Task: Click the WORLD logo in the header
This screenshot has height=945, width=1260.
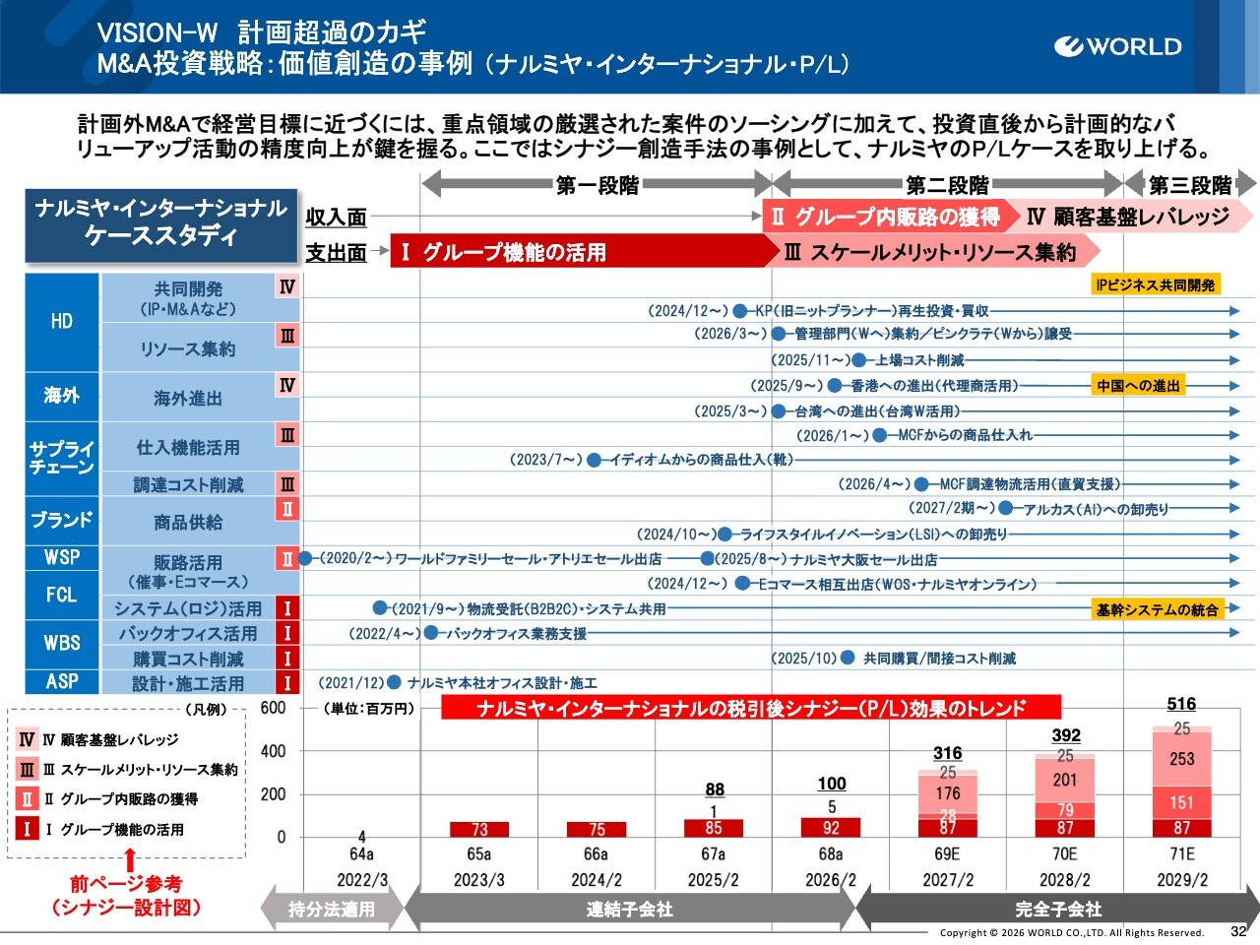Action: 1117,46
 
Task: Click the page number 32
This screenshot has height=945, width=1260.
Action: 1238,930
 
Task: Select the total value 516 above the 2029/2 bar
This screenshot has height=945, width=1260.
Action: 1181,704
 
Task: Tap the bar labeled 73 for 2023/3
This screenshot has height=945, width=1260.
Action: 479,829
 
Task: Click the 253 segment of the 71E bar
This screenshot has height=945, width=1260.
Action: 1181,759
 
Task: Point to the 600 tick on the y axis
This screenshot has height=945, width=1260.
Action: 273,708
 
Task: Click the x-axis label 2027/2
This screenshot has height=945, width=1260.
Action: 948,880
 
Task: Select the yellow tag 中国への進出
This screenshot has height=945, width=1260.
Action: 1138,385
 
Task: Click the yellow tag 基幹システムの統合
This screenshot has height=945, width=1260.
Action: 1157,609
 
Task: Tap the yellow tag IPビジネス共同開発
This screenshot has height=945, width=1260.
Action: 1155,284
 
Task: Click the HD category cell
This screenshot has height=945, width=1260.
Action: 62,321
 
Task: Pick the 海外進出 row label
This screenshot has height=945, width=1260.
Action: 188,398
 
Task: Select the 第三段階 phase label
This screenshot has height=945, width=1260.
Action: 1190,185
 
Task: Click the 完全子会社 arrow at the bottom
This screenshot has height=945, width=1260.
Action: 1058,909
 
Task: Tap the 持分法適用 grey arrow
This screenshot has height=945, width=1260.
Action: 332,909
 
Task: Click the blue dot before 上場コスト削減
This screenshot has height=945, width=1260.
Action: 858,360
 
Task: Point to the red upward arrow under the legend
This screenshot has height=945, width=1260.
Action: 128,861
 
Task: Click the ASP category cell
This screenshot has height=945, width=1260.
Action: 62,681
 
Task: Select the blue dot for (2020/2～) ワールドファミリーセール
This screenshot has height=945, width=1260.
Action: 305,558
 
